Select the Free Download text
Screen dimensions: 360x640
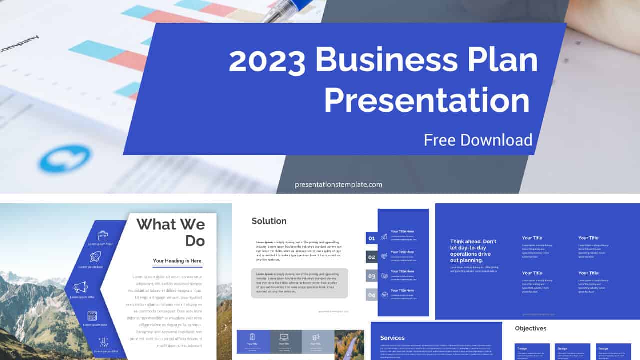coord(478,140)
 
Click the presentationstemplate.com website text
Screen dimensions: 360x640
coord(338,184)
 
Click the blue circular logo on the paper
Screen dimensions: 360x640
coord(65,159)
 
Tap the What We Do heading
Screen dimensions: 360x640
coord(171,232)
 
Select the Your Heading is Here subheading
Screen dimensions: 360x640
coord(177,261)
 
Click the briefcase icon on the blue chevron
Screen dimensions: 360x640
coord(103,235)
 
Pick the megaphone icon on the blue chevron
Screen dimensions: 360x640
coord(80,287)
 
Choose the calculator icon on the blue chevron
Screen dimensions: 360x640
coord(92,315)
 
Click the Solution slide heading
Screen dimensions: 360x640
coord(269,221)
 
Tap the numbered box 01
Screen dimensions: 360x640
coord(372,238)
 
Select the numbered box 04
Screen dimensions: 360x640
coord(372,295)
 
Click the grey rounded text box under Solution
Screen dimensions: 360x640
coord(299,283)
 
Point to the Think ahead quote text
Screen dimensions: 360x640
coord(473,250)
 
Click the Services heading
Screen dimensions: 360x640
coord(392,338)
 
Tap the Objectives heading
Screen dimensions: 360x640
coord(531,328)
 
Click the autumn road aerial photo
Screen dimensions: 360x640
coord(349,344)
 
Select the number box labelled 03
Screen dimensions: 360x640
coord(372,276)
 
